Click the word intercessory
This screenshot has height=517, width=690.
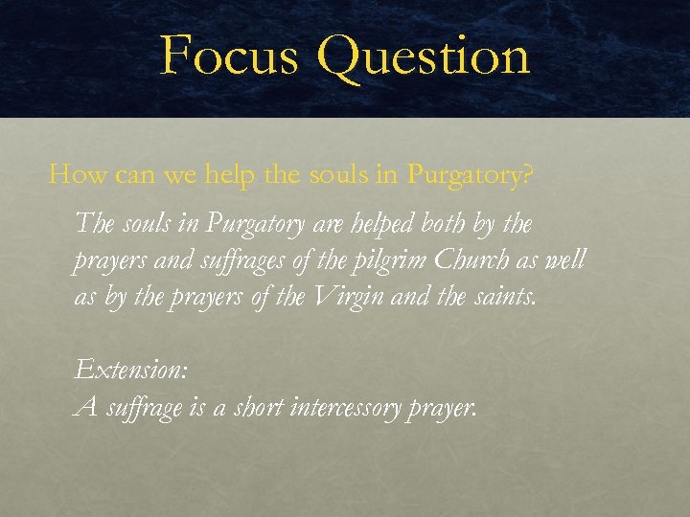click(x=355, y=407)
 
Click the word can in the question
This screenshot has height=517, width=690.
click(x=125, y=177)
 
